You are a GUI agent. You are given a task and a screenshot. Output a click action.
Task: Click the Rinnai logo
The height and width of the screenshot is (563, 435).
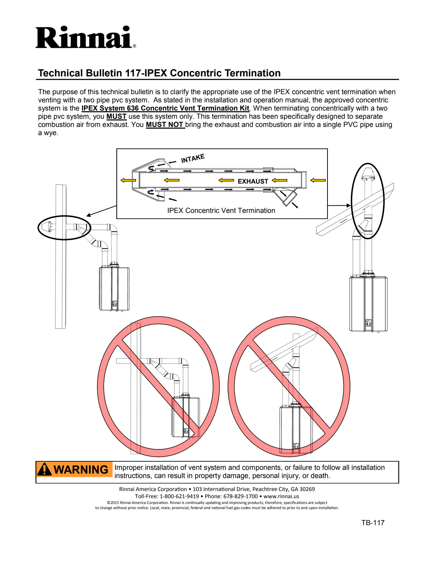click(85, 38)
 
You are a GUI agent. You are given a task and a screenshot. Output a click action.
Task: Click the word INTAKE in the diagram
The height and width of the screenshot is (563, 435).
click(193, 158)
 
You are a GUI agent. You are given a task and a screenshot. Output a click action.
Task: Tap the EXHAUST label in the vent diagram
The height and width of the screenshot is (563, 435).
click(253, 181)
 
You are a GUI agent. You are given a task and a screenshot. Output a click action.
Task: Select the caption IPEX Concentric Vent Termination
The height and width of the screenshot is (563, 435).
click(221, 211)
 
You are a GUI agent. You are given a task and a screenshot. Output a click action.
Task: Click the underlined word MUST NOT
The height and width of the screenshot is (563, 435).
click(165, 125)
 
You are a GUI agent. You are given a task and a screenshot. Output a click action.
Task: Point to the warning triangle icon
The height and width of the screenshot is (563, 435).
click(44, 470)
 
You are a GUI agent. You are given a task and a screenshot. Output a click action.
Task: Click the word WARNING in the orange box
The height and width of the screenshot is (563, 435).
click(81, 470)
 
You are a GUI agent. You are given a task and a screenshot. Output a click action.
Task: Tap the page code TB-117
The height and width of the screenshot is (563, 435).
click(373, 523)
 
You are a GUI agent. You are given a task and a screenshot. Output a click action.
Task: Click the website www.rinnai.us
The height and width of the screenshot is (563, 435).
click(281, 496)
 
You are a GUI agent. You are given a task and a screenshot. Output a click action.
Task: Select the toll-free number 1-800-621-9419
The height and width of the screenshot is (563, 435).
click(179, 496)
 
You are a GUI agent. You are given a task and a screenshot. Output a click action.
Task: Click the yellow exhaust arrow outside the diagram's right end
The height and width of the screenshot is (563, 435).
click(318, 180)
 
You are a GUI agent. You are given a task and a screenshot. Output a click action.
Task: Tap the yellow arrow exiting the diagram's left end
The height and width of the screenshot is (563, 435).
click(128, 180)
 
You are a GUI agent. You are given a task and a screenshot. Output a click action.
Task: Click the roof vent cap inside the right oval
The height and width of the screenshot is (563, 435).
click(368, 174)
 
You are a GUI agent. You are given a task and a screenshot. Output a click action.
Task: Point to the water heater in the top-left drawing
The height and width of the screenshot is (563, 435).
click(114, 289)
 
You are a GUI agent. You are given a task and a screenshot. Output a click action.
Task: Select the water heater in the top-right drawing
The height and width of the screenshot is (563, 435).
click(368, 304)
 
